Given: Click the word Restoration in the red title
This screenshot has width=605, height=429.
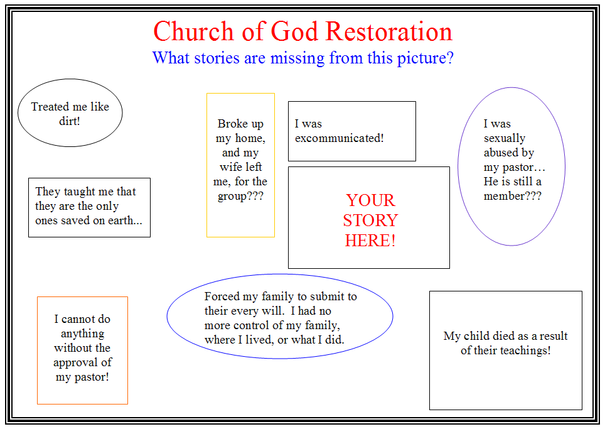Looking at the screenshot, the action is (389, 31).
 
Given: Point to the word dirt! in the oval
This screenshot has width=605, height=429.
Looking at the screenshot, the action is (70, 121).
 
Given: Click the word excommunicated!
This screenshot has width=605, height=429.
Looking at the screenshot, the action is (339, 138).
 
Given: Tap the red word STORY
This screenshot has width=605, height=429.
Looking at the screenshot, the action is (370, 220).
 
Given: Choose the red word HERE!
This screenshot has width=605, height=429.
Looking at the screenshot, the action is (370, 241).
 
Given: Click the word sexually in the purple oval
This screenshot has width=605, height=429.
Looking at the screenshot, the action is (505, 139).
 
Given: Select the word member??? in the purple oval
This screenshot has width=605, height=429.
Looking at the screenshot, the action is (512, 196).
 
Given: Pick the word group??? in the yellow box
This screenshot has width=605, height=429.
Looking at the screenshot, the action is (240, 197).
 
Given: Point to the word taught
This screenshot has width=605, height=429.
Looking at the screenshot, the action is (79, 192).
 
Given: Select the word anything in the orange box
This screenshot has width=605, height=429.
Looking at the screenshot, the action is (83, 334).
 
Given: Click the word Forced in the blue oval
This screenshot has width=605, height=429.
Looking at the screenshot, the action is (222, 296).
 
